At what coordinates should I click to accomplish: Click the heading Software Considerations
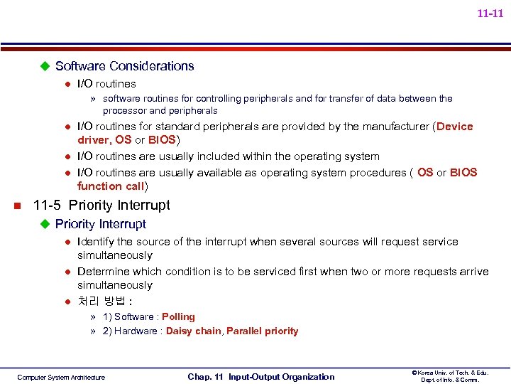pyautogui.click(x=124, y=66)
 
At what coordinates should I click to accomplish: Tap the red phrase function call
pyautogui.click(x=111, y=186)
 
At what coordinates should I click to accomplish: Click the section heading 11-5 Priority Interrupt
pyautogui.click(x=101, y=206)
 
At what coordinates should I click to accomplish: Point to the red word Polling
pyautogui.click(x=178, y=317)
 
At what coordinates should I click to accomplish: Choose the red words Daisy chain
pyautogui.click(x=193, y=331)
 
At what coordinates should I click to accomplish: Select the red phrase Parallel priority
pyautogui.click(x=262, y=331)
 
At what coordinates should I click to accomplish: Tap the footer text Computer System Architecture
pyautogui.click(x=61, y=378)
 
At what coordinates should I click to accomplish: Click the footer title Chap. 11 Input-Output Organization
pyautogui.click(x=260, y=377)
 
